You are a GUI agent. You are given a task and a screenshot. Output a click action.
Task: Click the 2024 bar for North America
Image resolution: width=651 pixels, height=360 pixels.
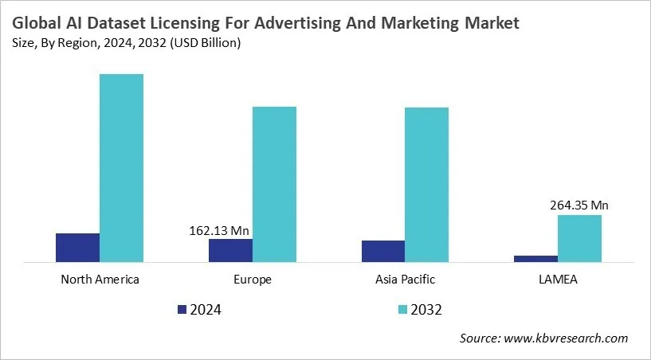click(x=77, y=248)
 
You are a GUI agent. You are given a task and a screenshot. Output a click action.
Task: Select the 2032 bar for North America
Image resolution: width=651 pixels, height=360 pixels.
click(x=121, y=167)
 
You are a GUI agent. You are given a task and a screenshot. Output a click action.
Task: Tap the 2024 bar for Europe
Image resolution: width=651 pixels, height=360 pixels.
click(x=230, y=250)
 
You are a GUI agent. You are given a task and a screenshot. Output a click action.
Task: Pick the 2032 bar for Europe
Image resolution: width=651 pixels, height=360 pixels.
click(x=274, y=184)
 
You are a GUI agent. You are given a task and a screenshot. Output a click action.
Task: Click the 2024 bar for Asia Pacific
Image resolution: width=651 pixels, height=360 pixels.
click(x=383, y=251)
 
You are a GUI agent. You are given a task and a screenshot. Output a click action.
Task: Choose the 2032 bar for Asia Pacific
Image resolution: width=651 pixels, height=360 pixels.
click(x=427, y=184)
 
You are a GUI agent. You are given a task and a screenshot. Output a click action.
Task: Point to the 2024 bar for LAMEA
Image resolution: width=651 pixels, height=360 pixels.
click(x=535, y=258)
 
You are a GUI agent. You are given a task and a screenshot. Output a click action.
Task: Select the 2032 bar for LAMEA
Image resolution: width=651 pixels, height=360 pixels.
click(x=579, y=238)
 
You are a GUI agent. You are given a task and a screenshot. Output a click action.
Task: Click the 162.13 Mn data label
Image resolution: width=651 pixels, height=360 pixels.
click(x=220, y=231)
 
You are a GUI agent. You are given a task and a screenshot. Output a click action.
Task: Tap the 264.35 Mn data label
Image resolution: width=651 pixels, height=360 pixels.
click(x=579, y=205)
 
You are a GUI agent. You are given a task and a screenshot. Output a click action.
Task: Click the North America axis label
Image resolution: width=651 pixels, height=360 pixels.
click(x=100, y=280)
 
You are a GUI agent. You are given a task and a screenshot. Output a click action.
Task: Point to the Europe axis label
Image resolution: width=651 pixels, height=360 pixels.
click(x=253, y=280)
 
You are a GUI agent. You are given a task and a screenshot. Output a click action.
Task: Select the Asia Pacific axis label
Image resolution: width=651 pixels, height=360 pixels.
click(x=405, y=280)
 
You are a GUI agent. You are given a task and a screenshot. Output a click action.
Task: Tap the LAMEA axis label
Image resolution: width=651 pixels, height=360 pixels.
click(x=558, y=280)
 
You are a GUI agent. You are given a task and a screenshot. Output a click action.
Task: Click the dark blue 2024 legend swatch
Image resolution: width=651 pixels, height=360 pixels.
click(x=182, y=309)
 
